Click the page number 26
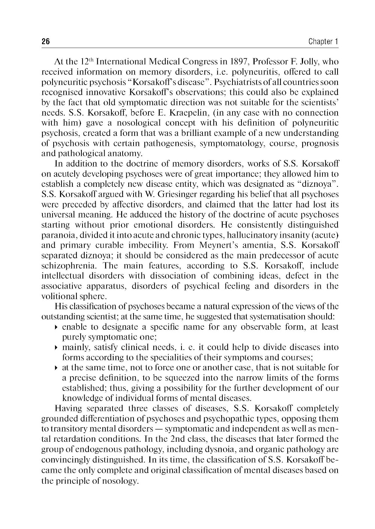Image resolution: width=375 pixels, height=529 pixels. click(x=45, y=41)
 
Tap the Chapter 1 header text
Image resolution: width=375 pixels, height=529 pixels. click(x=323, y=41)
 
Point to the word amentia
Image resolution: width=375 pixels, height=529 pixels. click(x=261, y=245)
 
